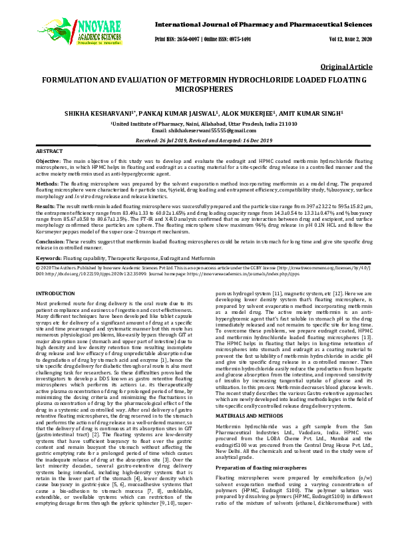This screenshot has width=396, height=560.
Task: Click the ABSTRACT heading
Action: (49, 152)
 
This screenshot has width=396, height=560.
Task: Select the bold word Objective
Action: (47, 161)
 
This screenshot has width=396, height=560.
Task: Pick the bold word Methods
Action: (45, 184)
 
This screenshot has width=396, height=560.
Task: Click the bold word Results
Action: (45, 207)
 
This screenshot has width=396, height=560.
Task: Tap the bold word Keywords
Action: (49, 256)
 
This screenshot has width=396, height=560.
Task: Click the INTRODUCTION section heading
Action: (55, 293)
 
